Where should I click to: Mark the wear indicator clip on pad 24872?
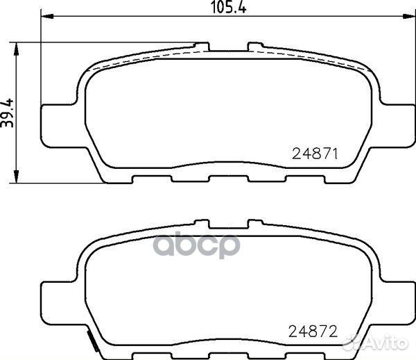(90, 341)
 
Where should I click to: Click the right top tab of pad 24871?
(254, 47)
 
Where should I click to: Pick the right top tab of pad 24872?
(254, 224)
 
